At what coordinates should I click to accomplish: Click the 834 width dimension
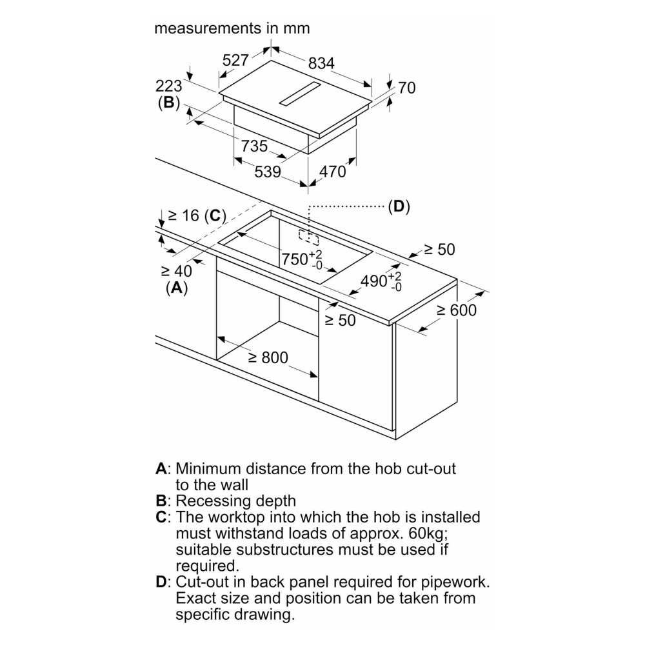(x=321, y=63)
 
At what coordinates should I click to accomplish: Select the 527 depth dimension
(x=235, y=61)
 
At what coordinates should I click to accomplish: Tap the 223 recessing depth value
(x=168, y=86)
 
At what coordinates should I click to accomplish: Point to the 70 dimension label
(x=407, y=88)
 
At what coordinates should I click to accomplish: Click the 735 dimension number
(x=254, y=146)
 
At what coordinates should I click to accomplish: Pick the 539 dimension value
(x=268, y=172)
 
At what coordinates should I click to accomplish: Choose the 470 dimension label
(x=332, y=172)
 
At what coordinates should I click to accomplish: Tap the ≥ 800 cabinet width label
(x=268, y=357)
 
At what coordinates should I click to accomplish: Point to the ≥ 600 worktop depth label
(x=457, y=310)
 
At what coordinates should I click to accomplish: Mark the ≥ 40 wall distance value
(x=177, y=271)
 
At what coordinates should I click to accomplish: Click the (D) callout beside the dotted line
(x=399, y=206)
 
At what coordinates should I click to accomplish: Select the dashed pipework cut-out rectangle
(x=309, y=237)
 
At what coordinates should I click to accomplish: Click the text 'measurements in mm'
(x=232, y=28)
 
